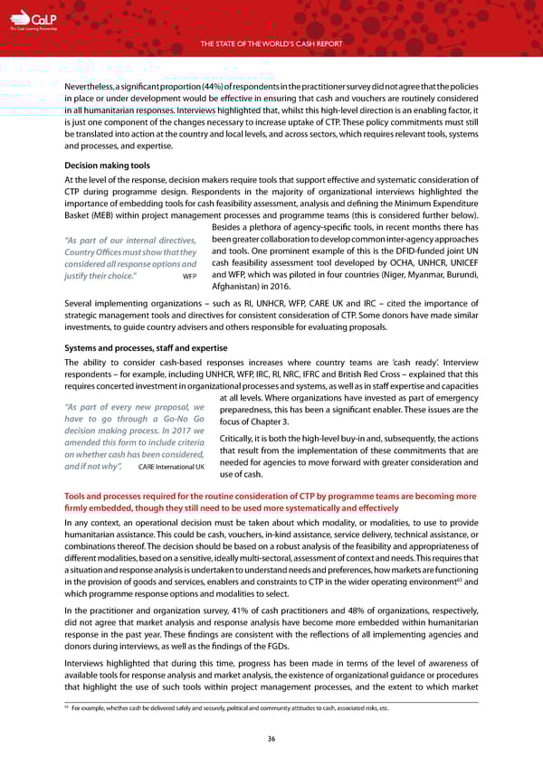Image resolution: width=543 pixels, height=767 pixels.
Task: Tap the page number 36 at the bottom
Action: tap(271, 738)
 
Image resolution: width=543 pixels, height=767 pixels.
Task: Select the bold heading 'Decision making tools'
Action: tap(104, 166)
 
